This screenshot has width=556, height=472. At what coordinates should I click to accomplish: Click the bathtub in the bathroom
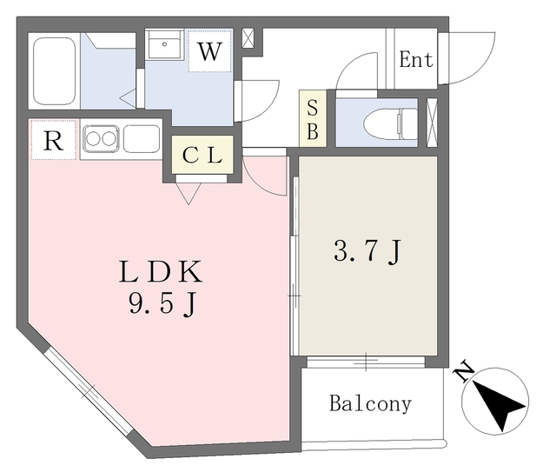pyautogui.click(x=55, y=71)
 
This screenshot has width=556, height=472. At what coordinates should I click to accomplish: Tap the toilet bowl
pyautogui.click(x=391, y=123)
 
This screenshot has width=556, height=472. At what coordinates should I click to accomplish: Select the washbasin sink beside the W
pyautogui.click(x=164, y=44)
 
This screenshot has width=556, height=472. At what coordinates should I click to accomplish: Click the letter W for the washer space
pyautogui.click(x=210, y=52)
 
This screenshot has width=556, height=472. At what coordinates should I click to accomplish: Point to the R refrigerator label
pyautogui.click(x=53, y=141)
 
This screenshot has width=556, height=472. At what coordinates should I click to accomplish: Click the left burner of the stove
pyautogui.click(x=94, y=139)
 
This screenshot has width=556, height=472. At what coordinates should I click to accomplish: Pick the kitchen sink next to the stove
pyautogui.click(x=141, y=139)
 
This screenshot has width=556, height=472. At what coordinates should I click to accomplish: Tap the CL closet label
pyautogui.click(x=202, y=155)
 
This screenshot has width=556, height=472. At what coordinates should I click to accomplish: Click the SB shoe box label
pyautogui.click(x=313, y=120)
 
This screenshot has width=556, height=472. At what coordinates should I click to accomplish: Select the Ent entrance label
pyautogui.click(x=416, y=59)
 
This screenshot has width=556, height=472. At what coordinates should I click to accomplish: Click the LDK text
pyautogui.click(x=161, y=272)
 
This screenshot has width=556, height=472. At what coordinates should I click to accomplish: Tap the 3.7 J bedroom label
pyautogui.click(x=367, y=251)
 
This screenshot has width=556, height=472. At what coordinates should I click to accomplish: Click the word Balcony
pyautogui.click(x=371, y=403)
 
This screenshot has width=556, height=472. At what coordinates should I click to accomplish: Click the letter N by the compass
pyautogui.click(x=464, y=372)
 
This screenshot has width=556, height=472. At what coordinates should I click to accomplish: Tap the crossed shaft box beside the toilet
pyautogui.click(x=432, y=123)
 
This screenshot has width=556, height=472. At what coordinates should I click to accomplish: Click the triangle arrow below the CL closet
pyautogui.click(x=189, y=194)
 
